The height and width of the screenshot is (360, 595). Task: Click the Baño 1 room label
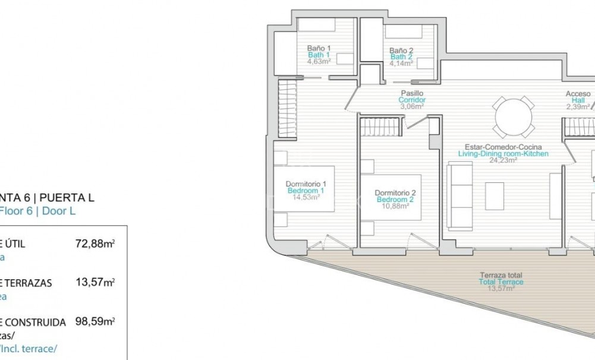point(319,48)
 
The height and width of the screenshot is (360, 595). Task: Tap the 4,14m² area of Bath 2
point(401,63)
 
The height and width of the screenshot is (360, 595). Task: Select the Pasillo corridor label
point(411,93)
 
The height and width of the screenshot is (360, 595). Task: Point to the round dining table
point(514,117)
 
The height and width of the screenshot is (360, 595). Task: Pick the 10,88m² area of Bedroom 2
point(395,206)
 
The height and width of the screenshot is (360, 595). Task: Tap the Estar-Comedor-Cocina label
point(503,147)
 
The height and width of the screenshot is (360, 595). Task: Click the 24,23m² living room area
point(503,160)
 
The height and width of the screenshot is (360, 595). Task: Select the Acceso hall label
point(578,94)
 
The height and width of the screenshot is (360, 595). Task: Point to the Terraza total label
point(502,275)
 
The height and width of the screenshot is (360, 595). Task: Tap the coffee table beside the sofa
point(495,195)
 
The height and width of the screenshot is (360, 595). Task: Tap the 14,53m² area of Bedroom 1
point(306,197)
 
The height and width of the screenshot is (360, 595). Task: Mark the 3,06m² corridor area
point(411,107)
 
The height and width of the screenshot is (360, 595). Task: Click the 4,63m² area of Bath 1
point(319,61)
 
